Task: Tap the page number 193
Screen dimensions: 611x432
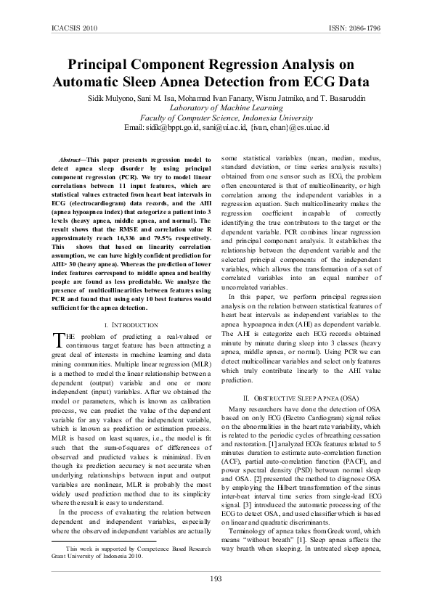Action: (x=216, y=578)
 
